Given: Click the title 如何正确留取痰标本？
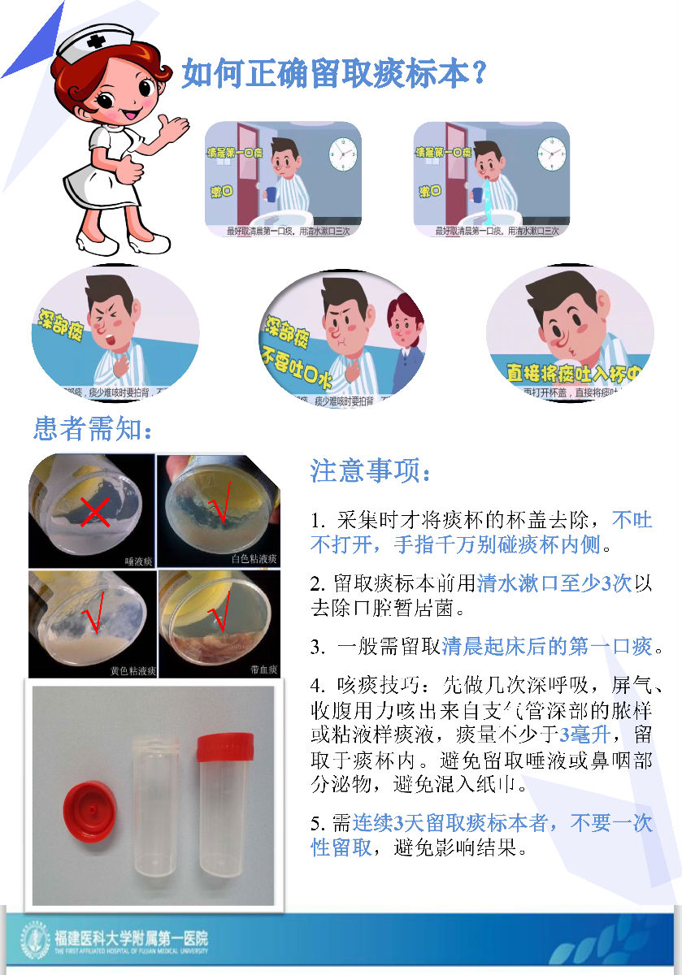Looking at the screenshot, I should pos(333,73).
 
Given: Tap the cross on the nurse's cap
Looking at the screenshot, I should pos(98,41).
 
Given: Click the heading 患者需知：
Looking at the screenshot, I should pos(93,428).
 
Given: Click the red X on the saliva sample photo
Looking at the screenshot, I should pos(95,513).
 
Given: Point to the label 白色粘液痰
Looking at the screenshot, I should pos(254,559).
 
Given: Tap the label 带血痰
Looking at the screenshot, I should pos(264,671).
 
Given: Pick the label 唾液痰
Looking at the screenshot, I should pos(139,560).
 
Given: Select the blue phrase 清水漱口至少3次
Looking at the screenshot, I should pos(554,583).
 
